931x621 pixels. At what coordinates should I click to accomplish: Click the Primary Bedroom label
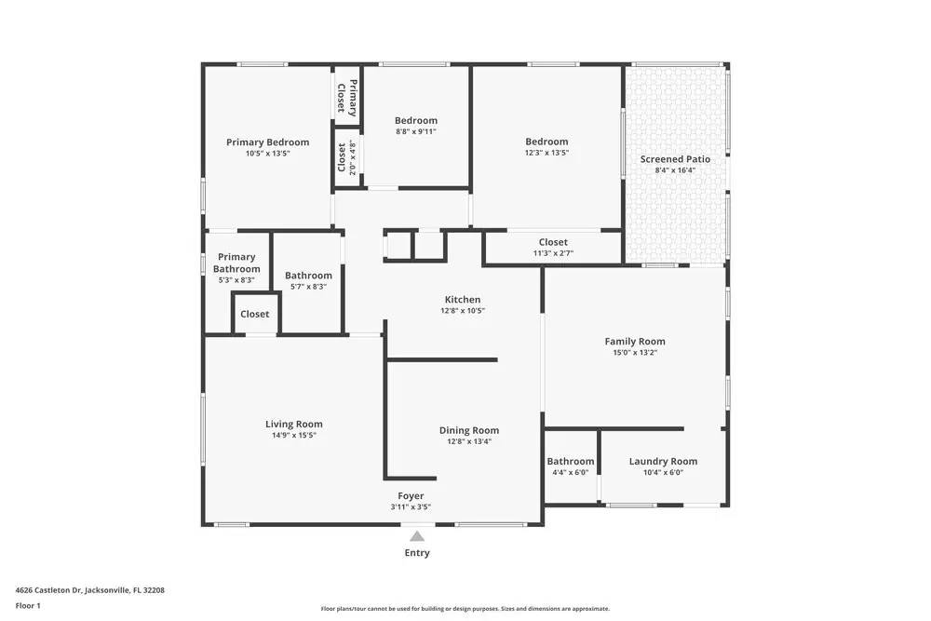click(267, 142)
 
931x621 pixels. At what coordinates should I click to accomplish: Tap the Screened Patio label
click(675, 159)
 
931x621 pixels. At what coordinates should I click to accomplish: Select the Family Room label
click(634, 342)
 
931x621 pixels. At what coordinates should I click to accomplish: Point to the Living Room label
click(293, 425)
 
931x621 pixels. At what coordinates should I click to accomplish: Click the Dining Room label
click(469, 430)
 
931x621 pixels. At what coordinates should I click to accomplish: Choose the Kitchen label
click(463, 300)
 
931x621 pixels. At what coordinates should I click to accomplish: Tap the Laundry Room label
click(663, 461)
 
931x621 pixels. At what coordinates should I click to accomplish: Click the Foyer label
click(411, 496)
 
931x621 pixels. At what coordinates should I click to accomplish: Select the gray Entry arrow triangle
click(417, 535)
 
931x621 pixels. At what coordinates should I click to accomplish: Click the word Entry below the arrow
click(417, 553)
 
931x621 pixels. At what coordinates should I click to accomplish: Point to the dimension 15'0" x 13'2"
click(634, 353)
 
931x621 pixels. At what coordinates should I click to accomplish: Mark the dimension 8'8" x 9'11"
click(415, 131)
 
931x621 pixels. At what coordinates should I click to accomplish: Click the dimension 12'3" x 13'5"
click(546, 153)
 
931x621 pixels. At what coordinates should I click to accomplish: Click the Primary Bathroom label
click(236, 263)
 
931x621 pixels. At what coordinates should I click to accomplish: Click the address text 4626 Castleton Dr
click(48, 589)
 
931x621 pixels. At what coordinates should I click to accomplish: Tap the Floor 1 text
click(28, 605)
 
